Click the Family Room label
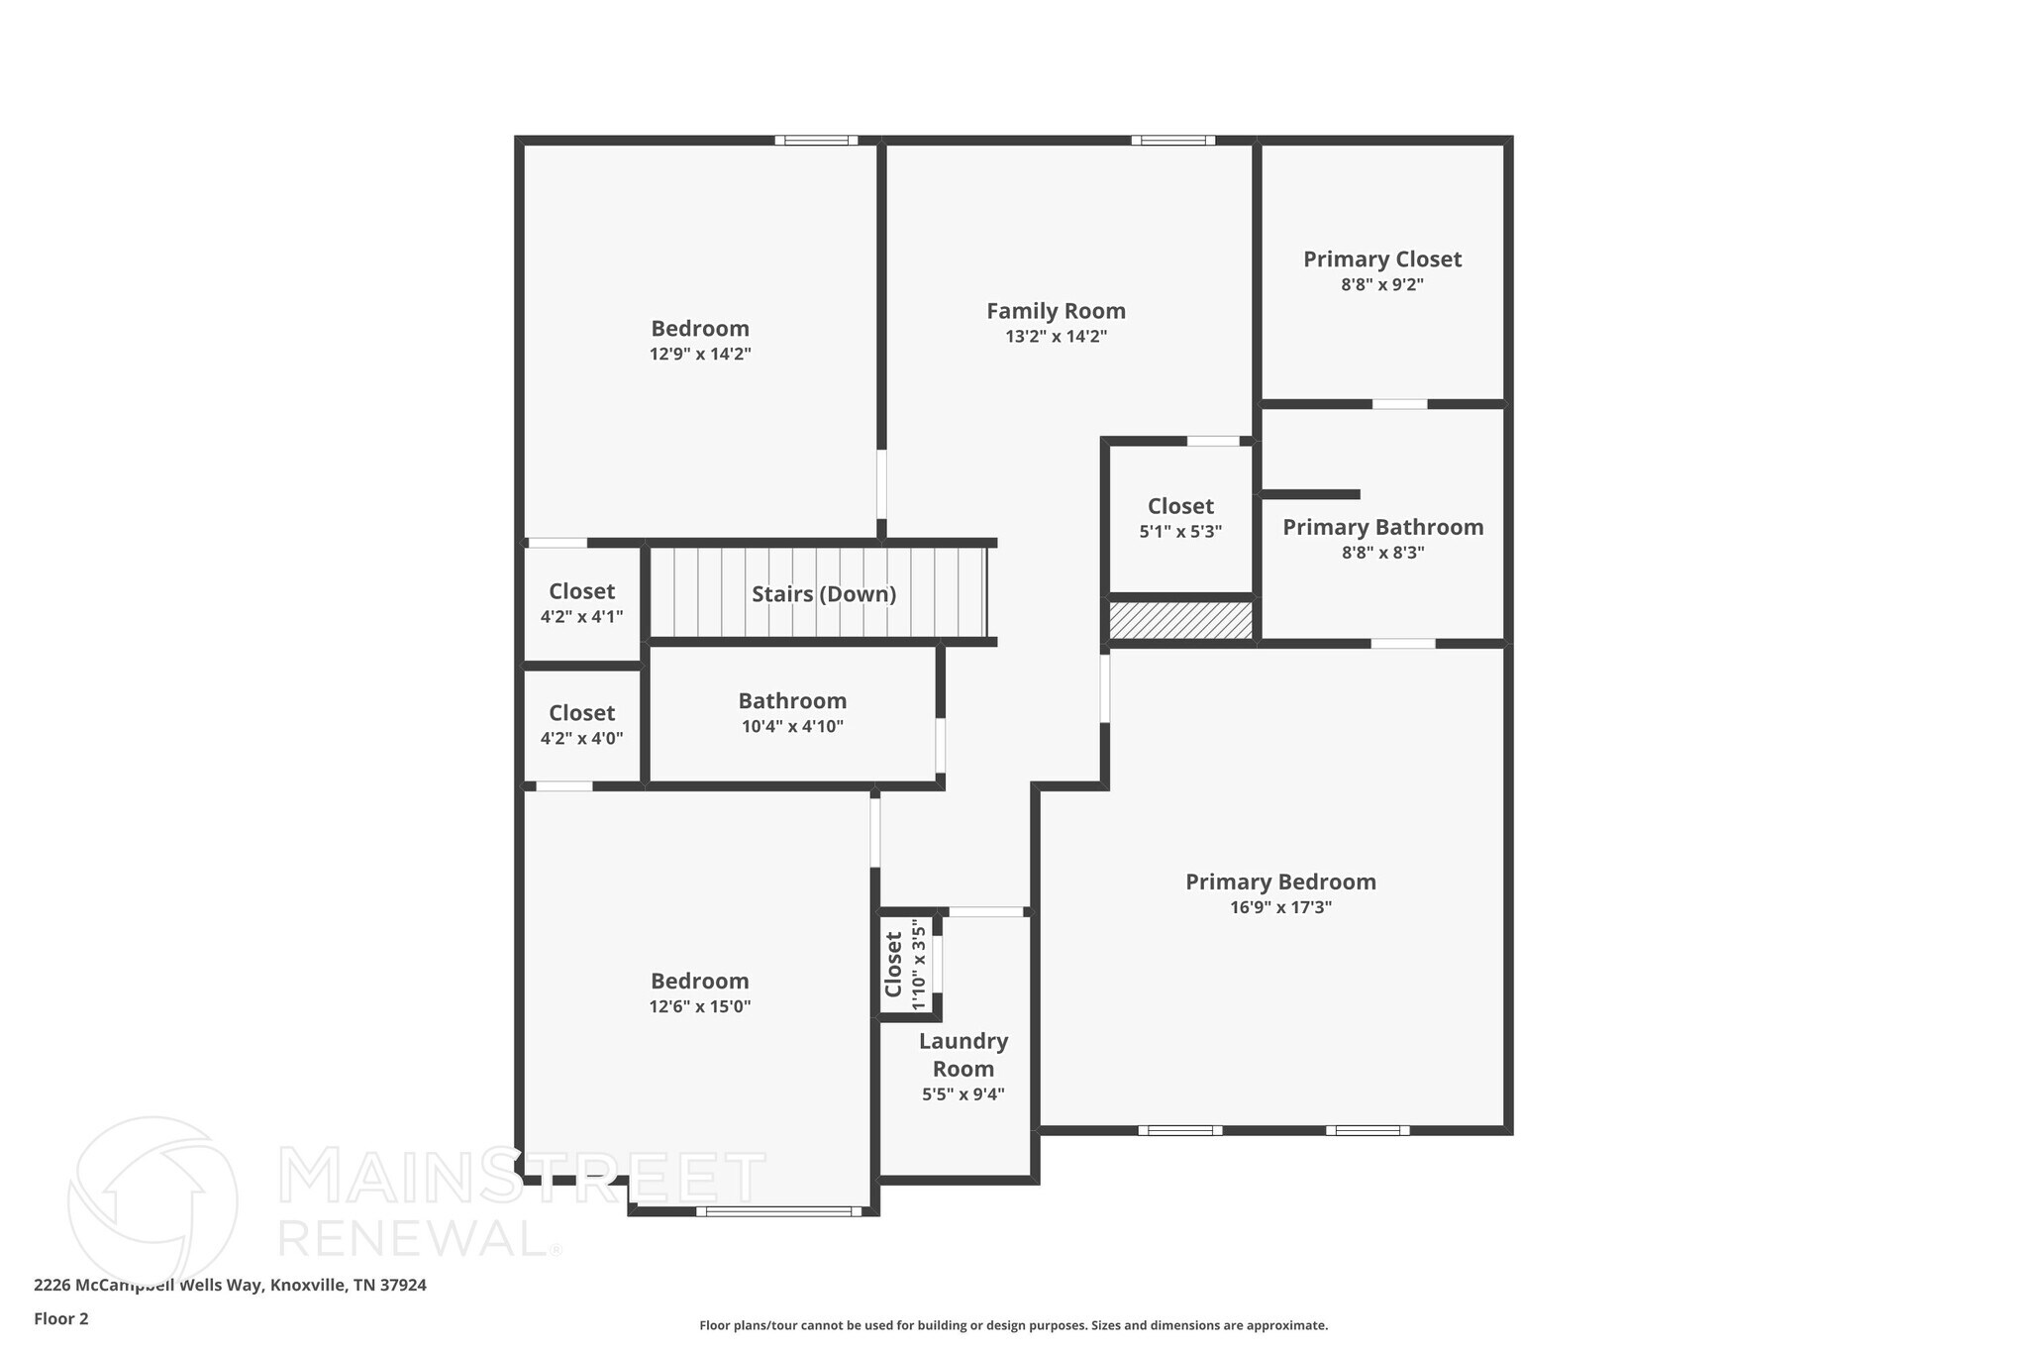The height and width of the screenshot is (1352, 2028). pos(1056,311)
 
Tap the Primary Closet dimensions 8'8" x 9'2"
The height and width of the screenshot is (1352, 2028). pos(1381,285)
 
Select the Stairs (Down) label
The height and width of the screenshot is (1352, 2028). pos(823,594)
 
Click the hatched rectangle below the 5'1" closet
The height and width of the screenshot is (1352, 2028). pos(1179,621)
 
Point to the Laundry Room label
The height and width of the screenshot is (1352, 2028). pos(963,1055)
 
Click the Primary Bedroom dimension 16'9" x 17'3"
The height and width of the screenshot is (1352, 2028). pos(1280,907)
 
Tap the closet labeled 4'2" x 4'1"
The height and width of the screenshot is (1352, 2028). pos(581,603)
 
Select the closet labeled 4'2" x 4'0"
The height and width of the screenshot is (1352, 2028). pos(581,725)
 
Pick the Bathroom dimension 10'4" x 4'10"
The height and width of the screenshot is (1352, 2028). pos(792,727)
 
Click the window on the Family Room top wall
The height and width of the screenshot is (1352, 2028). pos(1172,140)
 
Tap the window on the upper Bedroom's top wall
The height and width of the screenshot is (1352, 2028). pos(816,140)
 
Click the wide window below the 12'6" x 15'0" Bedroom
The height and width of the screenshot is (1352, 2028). pos(778,1210)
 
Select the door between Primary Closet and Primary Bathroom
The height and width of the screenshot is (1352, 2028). pos(1399,404)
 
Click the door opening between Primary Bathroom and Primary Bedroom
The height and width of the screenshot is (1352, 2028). pos(1402,644)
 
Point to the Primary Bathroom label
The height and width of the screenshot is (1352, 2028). pos(1382,527)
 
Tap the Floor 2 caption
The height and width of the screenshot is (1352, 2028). pos(61,1318)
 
